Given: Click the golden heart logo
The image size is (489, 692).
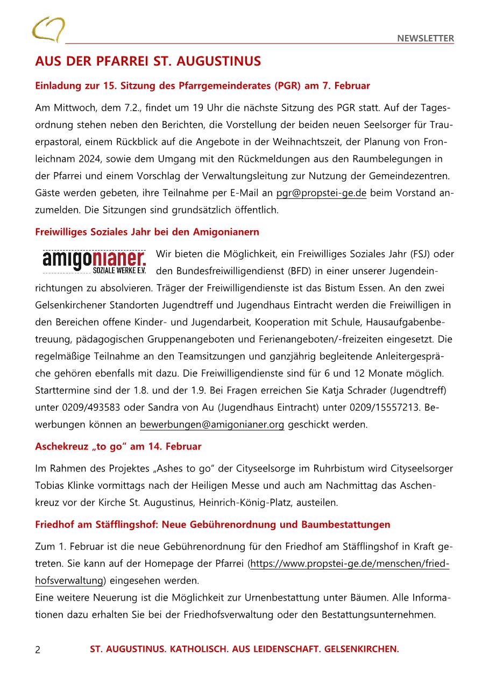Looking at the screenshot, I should pyautogui.click(x=48, y=29).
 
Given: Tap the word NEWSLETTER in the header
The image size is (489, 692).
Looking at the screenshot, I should pyautogui.click(x=426, y=38).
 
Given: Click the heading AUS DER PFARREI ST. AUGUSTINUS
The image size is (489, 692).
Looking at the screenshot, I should pyautogui.click(x=148, y=61).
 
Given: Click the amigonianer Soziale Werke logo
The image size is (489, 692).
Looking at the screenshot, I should pyautogui.click(x=94, y=261).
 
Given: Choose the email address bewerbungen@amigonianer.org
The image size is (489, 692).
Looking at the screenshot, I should pyautogui.click(x=212, y=424).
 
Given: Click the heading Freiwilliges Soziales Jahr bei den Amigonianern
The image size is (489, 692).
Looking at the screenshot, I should pyautogui.click(x=147, y=232).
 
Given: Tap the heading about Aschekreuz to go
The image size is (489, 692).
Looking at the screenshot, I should pyautogui.click(x=118, y=446).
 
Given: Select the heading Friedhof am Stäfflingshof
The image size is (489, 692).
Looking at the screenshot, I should pyautogui.click(x=212, y=524).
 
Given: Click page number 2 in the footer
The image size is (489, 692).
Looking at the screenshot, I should pyautogui.click(x=38, y=650).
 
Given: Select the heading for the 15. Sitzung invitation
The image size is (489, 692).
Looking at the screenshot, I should pyautogui.click(x=202, y=85).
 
